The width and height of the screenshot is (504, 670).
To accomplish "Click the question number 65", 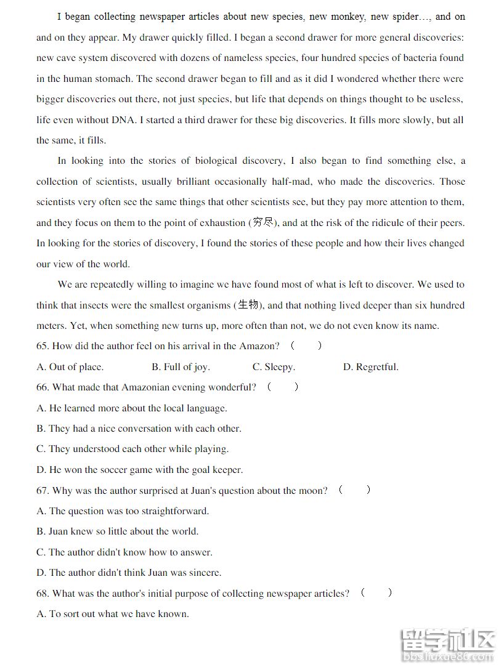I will (x=43, y=346).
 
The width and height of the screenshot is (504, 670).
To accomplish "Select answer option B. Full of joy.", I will (x=181, y=367).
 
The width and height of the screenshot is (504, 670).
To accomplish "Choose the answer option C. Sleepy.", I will (x=274, y=367).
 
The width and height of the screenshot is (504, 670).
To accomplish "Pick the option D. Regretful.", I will (x=370, y=367).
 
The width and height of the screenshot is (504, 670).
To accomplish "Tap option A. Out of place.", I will (x=70, y=367).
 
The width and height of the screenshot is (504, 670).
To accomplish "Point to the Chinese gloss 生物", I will (x=248, y=305).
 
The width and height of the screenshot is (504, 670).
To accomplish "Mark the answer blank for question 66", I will (x=283, y=387).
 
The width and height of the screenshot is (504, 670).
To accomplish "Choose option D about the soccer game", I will (x=140, y=470).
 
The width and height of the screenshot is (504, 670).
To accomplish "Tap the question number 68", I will (x=43, y=594).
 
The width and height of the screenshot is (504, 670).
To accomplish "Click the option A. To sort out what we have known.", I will (x=112, y=614).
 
